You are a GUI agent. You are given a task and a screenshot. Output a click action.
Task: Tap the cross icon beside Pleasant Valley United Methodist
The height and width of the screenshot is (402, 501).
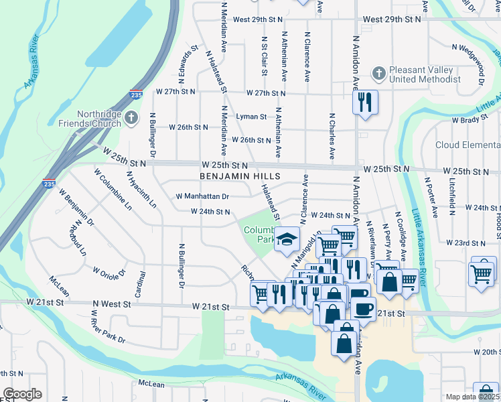[x=379, y=71]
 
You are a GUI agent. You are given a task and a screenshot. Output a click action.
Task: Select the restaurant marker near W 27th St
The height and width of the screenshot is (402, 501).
[x=365, y=102]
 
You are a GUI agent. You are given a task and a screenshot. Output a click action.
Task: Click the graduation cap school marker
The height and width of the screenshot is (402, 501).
[x=287, y=239]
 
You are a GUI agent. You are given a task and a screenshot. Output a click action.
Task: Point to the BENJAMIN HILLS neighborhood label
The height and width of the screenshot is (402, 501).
[x=239, y=176]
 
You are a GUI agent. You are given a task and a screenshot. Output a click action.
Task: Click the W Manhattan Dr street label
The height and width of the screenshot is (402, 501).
[x=202, y=196]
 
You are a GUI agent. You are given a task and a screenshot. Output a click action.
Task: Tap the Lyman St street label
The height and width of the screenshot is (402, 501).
[x=252, y=117]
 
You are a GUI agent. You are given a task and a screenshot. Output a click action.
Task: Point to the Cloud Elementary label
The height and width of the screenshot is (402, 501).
[x=468, y=145]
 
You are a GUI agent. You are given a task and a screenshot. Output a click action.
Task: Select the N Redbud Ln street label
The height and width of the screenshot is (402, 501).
[x=80, y=238]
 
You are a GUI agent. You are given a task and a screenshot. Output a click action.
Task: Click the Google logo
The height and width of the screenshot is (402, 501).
[x=22, y=394]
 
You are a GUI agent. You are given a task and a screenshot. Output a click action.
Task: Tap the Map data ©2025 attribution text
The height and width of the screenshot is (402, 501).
[x=472, y=397]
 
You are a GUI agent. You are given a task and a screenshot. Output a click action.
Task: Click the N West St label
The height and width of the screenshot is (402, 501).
[x=112, y=304]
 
